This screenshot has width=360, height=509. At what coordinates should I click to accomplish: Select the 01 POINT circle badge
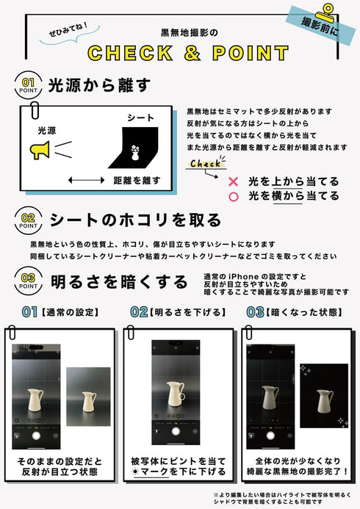point(28,86)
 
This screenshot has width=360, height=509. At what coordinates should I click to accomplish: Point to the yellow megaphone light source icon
point(40,151)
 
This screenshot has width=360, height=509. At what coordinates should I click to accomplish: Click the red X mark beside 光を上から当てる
point(234,181)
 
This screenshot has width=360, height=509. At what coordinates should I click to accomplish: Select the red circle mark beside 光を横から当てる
point(234,196)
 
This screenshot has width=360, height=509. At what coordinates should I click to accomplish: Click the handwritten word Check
point(205,164)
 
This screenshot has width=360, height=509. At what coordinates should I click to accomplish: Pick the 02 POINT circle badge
point(28,221)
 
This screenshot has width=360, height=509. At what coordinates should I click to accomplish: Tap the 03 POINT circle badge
point(28,281)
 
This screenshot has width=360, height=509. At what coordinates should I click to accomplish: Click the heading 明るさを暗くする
point(118,281)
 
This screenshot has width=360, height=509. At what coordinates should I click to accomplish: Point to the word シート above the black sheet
point(140,118)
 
